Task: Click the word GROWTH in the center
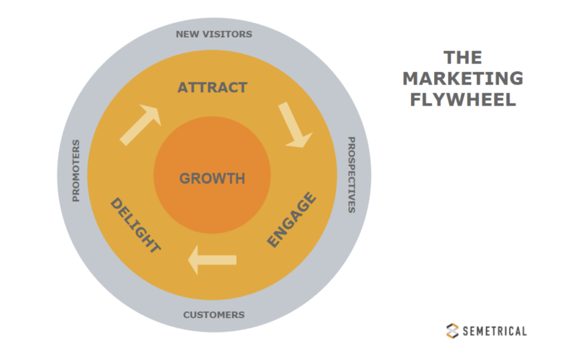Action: [x=212, y=179]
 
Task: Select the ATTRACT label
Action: [x=212, y=88]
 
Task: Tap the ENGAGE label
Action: [x=292, y=220]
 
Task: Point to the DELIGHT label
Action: [x=135, y=226]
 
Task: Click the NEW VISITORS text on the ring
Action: [x=214, y=34]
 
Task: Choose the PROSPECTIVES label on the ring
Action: [x=351, y=175]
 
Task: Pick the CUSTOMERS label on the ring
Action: [x=214, y=315]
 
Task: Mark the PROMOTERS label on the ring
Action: [x=76, y=171]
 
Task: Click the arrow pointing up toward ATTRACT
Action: [x=141, y=125]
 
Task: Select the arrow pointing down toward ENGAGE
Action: [x=295, y=125]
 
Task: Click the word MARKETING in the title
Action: [x=462, y=78]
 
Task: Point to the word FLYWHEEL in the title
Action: [x=462, y=99]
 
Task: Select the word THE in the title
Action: [x=462, y=57]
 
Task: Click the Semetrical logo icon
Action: [x=452, y=330]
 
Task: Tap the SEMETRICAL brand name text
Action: [x=494, y=331]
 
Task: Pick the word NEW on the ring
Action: [x=187, y=34]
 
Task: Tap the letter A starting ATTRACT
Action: [x=183, y=88]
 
